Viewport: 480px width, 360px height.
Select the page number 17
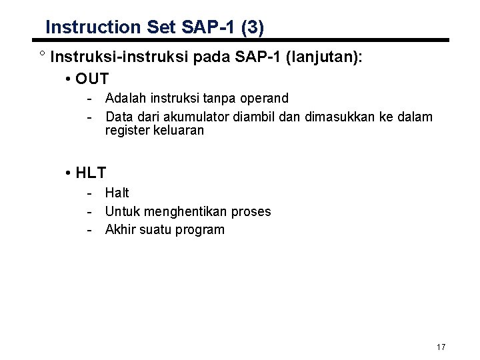coord(440,347)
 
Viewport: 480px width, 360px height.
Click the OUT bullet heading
coord(93,79)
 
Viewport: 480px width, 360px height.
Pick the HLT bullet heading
coord(91,173)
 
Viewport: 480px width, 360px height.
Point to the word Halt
coord(117,193)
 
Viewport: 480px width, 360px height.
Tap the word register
coord(128,131)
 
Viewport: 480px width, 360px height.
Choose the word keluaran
coord(179,131)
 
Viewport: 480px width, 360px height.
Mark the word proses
coord(250,211)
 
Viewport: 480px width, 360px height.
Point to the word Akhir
coord(120,230)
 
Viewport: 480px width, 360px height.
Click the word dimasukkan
coord(336,117)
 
